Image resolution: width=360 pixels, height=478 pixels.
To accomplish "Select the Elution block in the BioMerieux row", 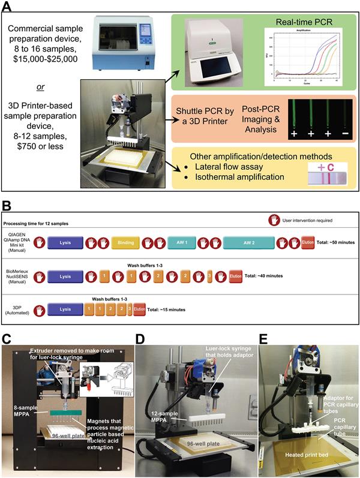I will (x=236, y=277).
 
